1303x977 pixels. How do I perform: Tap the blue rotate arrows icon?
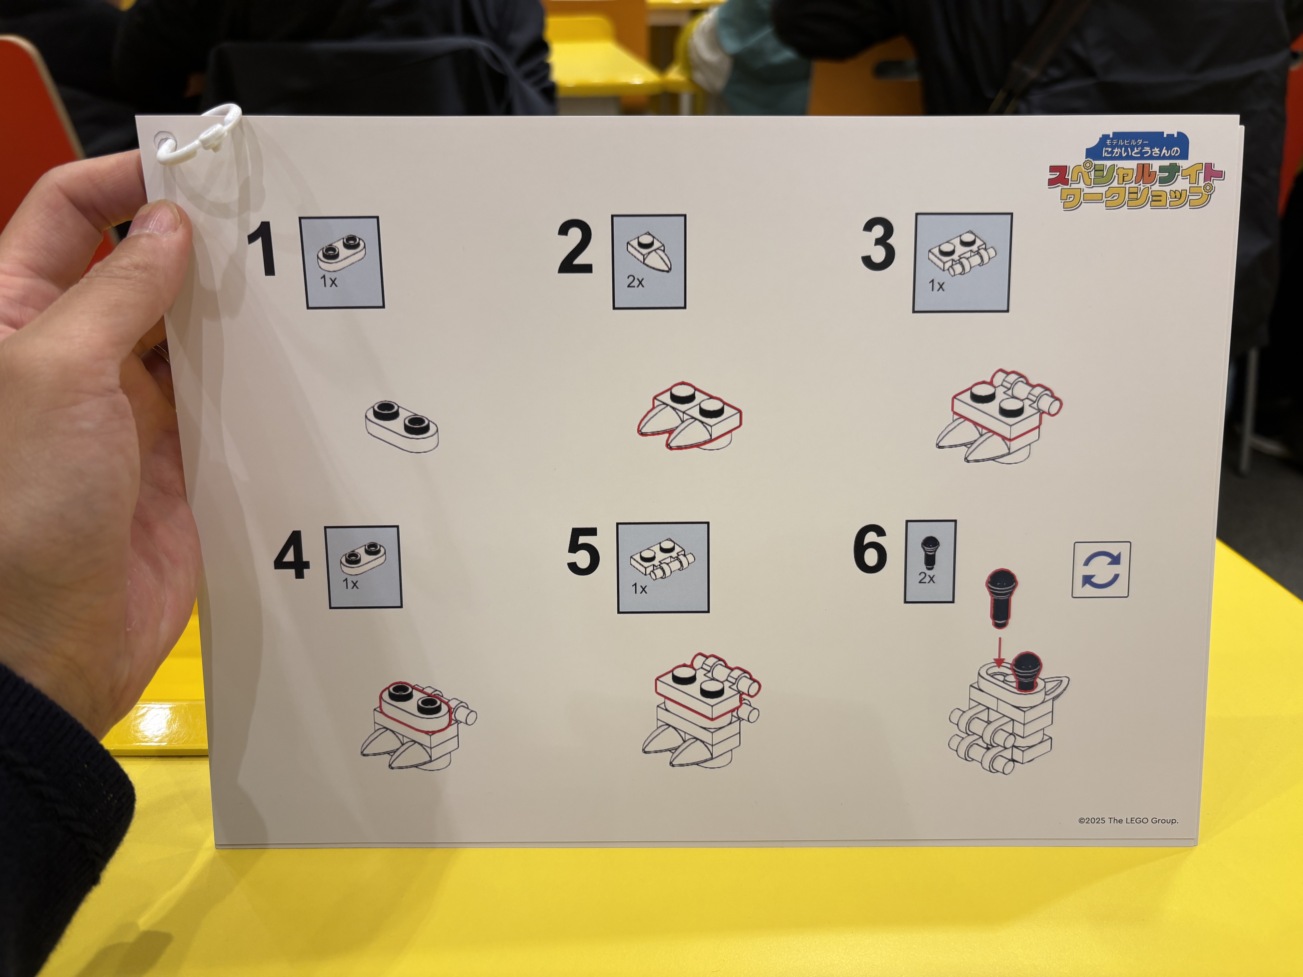(x=1100, y=569)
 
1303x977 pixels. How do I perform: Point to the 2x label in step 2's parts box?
(x=635, y=282)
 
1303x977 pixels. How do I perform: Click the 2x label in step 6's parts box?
(x=927, y=578)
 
